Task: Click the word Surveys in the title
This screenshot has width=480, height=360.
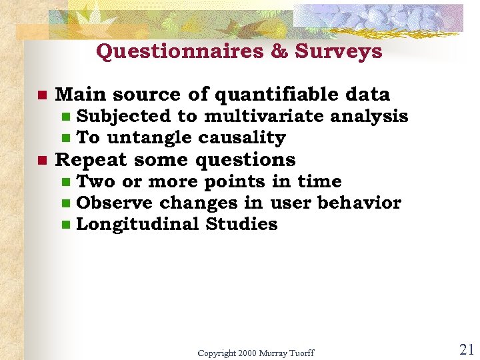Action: pyautogui.click(x=339, y=52)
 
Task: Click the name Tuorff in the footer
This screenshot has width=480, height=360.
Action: pyautogui.click(x=299, y=353)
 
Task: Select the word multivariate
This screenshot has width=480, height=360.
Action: pyautogui.click(x=266, y=117)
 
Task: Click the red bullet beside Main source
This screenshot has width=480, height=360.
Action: pyautogui.click(x=41, y=95)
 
